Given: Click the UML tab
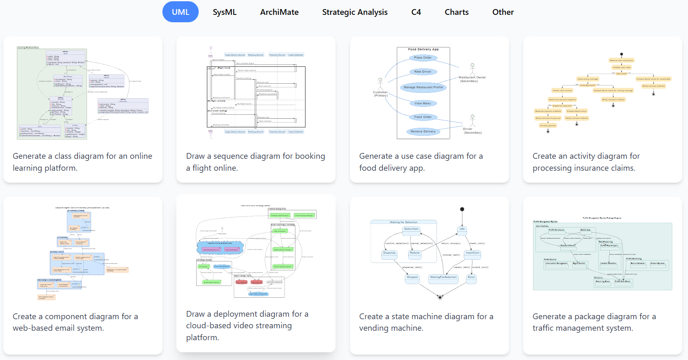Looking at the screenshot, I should click(181, 12).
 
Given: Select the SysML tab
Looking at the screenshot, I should click(225, 12).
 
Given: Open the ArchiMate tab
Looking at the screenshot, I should click(279, 12).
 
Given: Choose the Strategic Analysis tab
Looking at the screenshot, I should click(355, 12).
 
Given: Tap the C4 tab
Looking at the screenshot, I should click(416, 12).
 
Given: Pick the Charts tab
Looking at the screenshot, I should click(456, 12).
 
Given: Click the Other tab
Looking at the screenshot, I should click(503, 12).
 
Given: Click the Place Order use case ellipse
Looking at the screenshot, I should click(423, 58).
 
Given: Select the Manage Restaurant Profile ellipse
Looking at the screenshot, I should click(423, 87).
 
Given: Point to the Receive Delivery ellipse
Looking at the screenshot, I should click(423, 132).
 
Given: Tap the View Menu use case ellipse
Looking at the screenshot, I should click(423, 104).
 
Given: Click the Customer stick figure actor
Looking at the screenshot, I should click(380, 84).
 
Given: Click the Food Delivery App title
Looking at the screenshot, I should click(423, 49).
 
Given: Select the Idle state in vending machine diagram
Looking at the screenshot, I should click(462, 229).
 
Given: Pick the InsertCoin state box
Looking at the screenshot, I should click(472, 253).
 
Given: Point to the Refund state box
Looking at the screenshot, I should click(414, 253).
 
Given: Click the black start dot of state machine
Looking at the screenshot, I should click(462, 209).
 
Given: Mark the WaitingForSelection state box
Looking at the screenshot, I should click(443, 278).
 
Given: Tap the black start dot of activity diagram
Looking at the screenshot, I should click(622, 54).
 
